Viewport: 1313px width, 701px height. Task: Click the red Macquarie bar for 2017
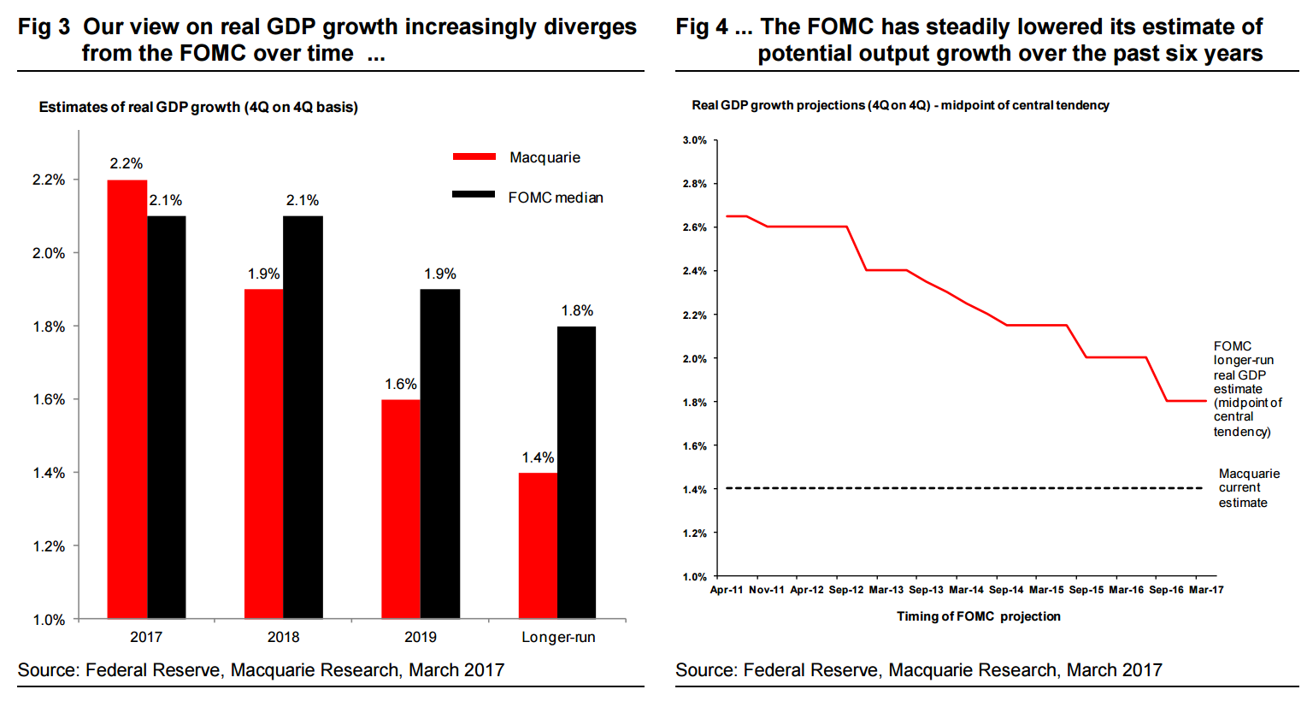point(127,399)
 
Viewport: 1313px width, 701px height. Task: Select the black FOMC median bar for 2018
point(303,417)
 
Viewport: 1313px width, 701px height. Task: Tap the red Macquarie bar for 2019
point(401,509)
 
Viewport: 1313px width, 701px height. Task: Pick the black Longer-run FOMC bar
point(576,472)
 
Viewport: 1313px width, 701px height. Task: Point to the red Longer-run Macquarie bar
point(538,545)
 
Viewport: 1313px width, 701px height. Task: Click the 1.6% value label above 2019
point(401,385)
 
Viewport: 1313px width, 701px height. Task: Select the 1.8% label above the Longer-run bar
point(577,311)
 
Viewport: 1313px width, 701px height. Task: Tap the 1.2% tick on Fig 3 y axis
point(49,546)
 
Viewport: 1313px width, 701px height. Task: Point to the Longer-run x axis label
point(558,638)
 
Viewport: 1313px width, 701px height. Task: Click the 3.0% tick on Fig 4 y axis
point(695,140)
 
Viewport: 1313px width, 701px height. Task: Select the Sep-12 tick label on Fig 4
point(846,590)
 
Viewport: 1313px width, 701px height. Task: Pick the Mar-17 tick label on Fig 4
point(1206,590)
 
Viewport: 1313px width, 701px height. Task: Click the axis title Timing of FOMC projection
point(978,616)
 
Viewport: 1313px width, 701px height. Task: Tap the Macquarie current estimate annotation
point(1249,488)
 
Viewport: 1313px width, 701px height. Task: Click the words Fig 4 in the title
point(702,27)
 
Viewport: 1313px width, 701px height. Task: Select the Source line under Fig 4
point(919,670)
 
